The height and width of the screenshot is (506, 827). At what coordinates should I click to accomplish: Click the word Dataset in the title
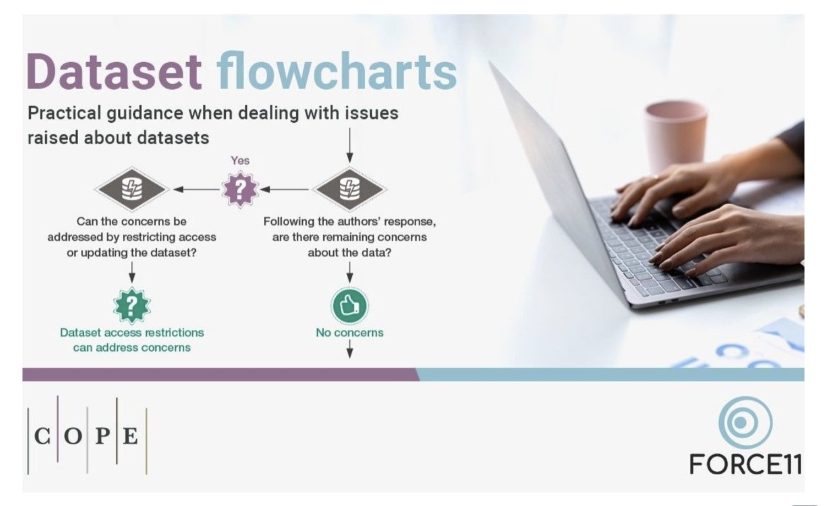pos(114,72)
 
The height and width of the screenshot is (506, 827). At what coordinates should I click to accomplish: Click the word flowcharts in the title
pos(336,72)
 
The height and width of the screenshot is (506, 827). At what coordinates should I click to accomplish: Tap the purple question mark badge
pos(240,189)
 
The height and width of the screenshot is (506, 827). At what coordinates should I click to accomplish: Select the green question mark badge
pos(132,305)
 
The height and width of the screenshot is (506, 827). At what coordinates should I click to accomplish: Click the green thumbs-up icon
pos(350,305)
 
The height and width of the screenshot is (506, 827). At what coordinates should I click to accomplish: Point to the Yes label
pos(240,160)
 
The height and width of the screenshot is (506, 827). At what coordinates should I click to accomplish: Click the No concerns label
pos(350,333)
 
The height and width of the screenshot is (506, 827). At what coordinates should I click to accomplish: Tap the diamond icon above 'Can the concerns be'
pos(132,189)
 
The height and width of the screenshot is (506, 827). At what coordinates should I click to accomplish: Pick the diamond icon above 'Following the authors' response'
pos(350,189)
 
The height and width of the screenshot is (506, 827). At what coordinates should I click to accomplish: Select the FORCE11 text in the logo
pos(746,464)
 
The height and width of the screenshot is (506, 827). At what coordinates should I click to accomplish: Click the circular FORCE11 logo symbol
pos(745,422)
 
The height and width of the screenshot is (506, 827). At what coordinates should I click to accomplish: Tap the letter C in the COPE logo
pos(42,436)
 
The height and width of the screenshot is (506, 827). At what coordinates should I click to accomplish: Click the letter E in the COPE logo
pos(130,436)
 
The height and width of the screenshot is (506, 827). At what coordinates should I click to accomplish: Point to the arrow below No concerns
pos(350,349)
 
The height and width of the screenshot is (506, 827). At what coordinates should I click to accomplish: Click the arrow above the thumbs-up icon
pos(350,272)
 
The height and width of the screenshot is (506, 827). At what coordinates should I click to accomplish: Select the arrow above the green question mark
pos(132,272)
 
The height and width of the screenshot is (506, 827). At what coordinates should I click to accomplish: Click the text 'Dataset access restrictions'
pos(132,333)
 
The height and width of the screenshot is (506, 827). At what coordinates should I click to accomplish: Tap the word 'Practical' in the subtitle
pos(64,113)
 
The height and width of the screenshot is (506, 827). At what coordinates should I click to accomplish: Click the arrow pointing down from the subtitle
pos(350,145)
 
